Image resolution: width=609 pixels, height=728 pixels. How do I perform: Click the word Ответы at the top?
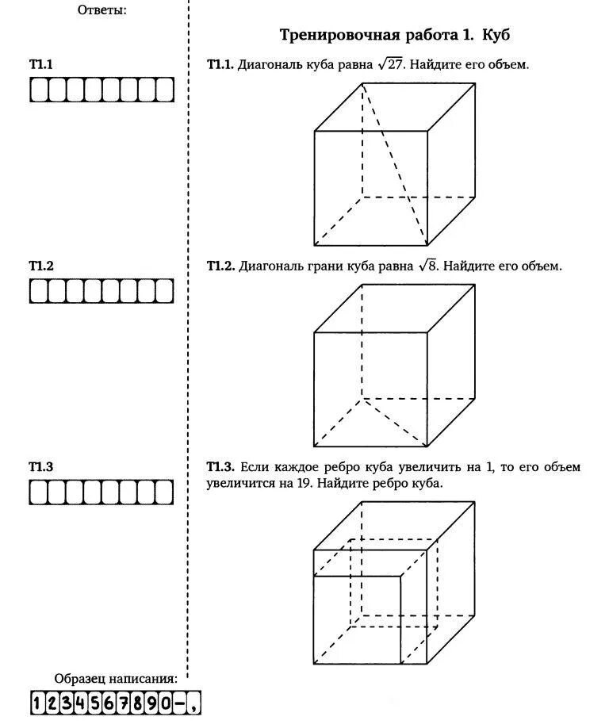(102, 10)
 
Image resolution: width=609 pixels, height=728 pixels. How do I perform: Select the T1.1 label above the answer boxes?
(40, 64)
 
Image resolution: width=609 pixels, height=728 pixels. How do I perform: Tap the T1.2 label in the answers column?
(40, 266)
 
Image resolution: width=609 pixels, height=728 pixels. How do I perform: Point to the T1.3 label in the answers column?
(40, 467)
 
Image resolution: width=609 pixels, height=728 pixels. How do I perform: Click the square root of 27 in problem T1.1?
(391, 64)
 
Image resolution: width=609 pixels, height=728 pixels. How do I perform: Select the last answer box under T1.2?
(164, 291)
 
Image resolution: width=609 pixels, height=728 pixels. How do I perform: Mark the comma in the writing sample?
(194, 704)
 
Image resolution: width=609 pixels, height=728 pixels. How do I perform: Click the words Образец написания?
(116, 679)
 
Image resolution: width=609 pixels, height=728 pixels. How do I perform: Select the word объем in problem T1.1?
(505, 64)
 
